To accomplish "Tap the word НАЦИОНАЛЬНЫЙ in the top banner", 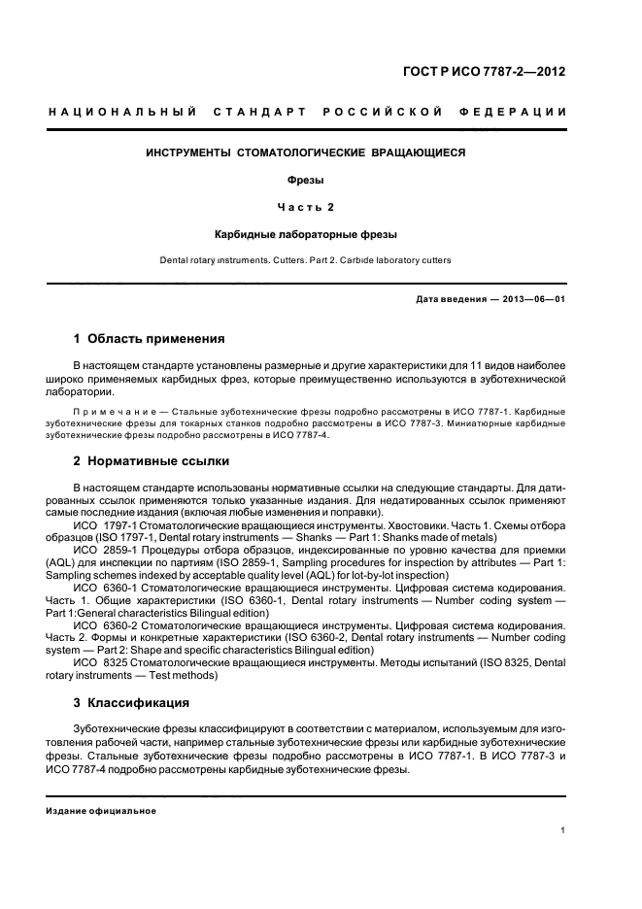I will pyautogui.click(x=122, y=113).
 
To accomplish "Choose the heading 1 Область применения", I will pyautogui.click(x=149, y=339).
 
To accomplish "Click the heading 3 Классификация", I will pyautogui.click(x=131, y=702).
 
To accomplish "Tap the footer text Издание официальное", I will pyautogui.click(x=102, y=811).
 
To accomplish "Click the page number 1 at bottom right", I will pyautogui.click(x=563, y=830).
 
